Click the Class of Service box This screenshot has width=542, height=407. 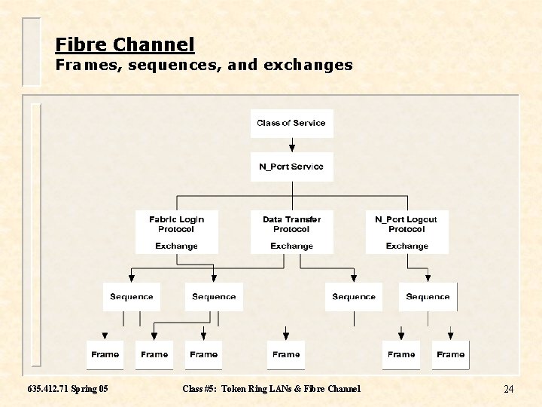click(x=291, y=123)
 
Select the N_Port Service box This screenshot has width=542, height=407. click(x=291, y=167)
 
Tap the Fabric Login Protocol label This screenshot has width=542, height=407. click(x=176, y=224)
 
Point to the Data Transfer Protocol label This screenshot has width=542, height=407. click(x=291, y=224)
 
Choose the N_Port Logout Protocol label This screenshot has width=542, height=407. click(x=406, y=224)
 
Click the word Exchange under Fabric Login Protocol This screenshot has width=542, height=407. click(x=176, y=246)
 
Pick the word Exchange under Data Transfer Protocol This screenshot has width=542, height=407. click(x=291, y=246)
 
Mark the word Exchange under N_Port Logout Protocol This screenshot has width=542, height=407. click(x=406, y=246)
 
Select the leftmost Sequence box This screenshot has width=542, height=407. click(x=132, y=297)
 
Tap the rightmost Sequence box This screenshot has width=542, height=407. click(x=428, y=297)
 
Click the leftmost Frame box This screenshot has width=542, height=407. click(x=105, y=354)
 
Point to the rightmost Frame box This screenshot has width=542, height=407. click(x=450, y=354)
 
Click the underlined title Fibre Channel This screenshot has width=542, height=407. click(x=125, y=44)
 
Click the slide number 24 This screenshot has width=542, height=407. click(x=508, y=389)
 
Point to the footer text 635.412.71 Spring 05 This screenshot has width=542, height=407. click(x=67, y=389)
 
